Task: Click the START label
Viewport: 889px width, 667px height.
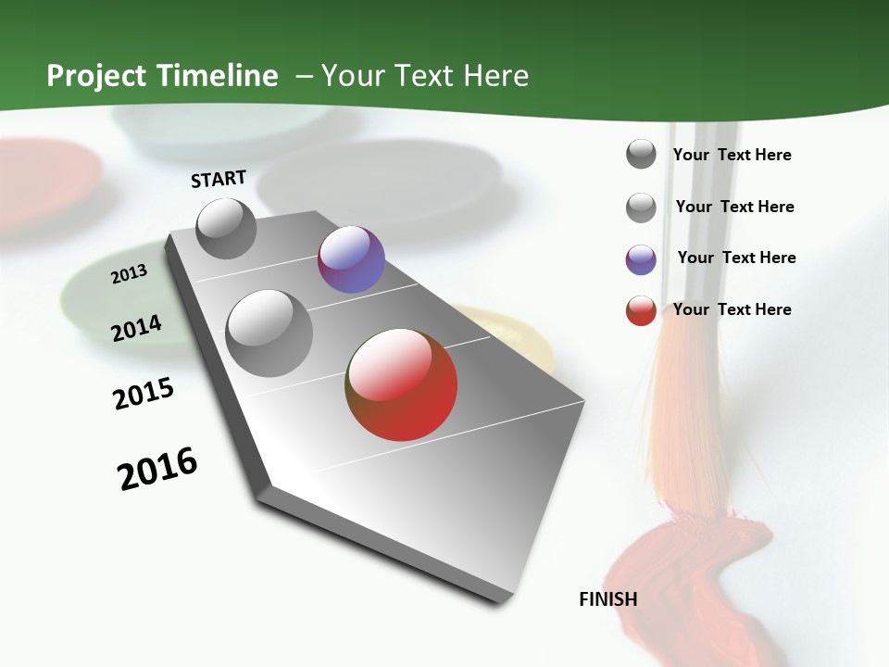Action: [219, 179]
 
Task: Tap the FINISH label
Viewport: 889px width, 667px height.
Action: [607, 599]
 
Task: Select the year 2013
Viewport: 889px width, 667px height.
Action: [130, 274]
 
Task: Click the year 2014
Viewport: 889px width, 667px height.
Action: [136, 328]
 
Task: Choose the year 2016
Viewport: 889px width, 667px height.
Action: [157, 469]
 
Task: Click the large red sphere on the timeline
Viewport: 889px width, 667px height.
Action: [402, 384]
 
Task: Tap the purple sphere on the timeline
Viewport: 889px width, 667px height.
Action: [351, 259]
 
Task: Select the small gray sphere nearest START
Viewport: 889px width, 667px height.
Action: [226, 228]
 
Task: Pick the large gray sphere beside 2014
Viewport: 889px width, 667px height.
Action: [269, 333]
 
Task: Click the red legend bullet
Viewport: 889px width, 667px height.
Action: [641, 310]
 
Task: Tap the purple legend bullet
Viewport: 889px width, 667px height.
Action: [641, 259]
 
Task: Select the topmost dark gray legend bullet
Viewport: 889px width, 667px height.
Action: [641, 155]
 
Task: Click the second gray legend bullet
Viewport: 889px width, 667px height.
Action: [641, 208]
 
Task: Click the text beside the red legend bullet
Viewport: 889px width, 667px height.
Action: [732, 309]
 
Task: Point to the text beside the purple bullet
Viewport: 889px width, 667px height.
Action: [736, 258]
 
